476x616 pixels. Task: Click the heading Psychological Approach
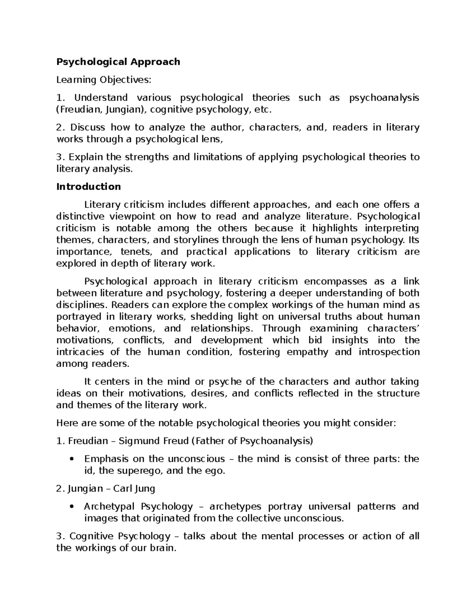pos(118,62)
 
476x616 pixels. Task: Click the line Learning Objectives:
pos(104,80)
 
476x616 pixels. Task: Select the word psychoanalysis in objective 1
pos(384,98)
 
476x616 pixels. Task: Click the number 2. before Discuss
pos(60,128)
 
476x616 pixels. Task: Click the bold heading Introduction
pos(88,187)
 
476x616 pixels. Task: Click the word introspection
pos(389,352)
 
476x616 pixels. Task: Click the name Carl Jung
pos(134,489)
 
